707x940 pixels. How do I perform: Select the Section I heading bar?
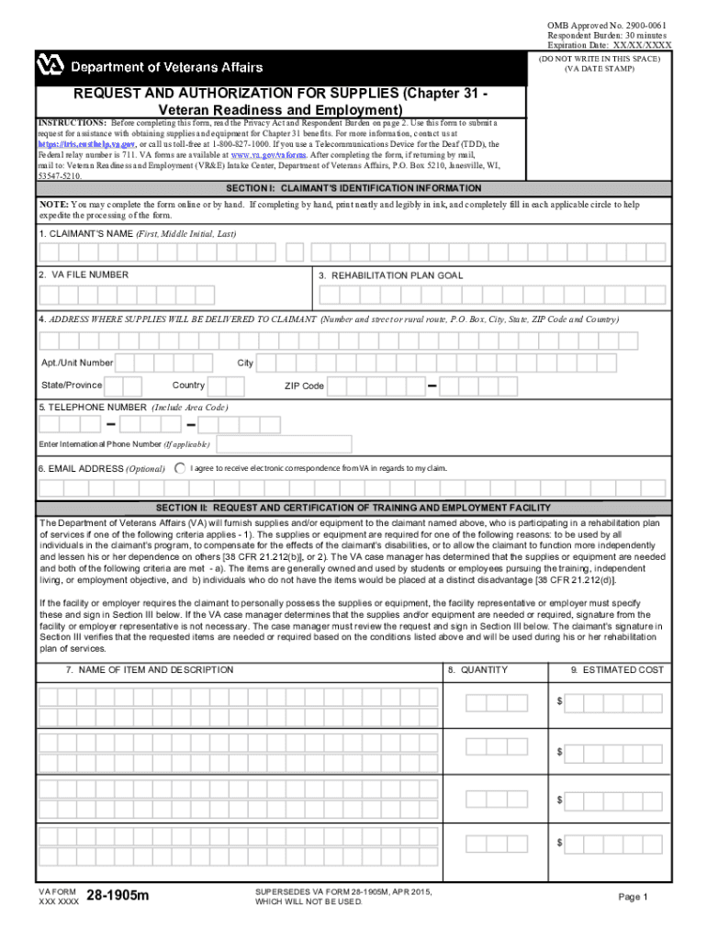[x=353, y=188]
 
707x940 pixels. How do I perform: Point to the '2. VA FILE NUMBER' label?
[x=84, y=274]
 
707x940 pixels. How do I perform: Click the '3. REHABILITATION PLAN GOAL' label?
[x=390, y=275]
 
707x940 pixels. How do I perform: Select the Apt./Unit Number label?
[x=77, y=364]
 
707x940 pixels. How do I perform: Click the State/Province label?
[x=72, y=385]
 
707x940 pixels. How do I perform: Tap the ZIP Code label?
[x=304, y=386]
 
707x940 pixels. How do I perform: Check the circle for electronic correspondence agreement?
[x=179, y=468]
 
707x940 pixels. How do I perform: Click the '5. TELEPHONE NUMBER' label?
[x=92, y=407]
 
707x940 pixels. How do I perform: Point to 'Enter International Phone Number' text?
[x=101, y=444]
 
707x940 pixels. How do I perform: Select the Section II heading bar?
[x=353, y=508]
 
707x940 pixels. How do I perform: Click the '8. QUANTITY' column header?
[x=477, y=670]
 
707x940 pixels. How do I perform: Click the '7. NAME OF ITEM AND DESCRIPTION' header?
[x=150, y=670]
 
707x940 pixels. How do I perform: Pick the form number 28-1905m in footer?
[x=117, y=896]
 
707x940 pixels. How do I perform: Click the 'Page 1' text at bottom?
[x=633, y=897]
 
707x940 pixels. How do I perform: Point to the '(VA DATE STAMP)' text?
[x=599, y=69]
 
